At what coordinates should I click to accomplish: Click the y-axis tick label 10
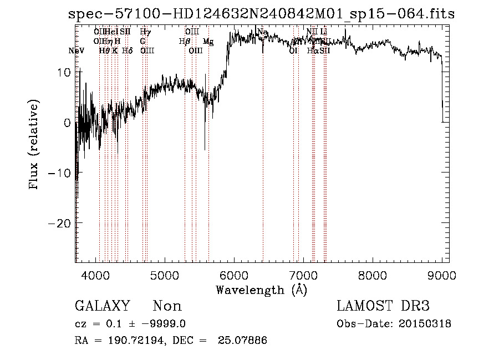pos(64,72)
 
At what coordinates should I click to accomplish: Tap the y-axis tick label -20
pos(60,222)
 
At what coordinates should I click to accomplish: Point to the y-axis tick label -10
pos(60,173)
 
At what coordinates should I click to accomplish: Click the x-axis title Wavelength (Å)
pos(261,290)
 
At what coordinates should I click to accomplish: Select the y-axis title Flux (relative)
pos(34,145)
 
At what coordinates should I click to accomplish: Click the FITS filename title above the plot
pos(259,14)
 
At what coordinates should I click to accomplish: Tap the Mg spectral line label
pos(208,42)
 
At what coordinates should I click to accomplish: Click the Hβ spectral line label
pos(185,42)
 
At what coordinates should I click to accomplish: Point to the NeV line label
pos(77,50)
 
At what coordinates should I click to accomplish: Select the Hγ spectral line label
pos(145,33)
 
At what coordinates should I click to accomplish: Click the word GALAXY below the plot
pos(103,306)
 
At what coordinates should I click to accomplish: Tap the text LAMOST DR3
pos(383,306)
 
